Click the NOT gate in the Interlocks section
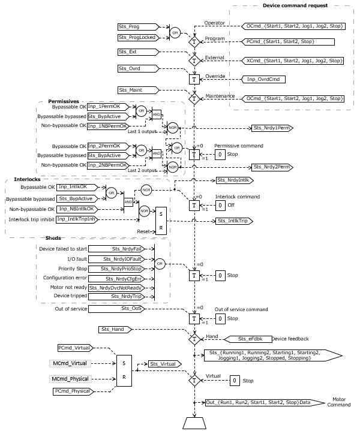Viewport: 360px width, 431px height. tap(146, 189)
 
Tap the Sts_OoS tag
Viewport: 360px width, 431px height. tap(126, 309)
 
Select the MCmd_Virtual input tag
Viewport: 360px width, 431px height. tap(71, 363)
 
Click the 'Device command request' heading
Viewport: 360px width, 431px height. tap(295, 5)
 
